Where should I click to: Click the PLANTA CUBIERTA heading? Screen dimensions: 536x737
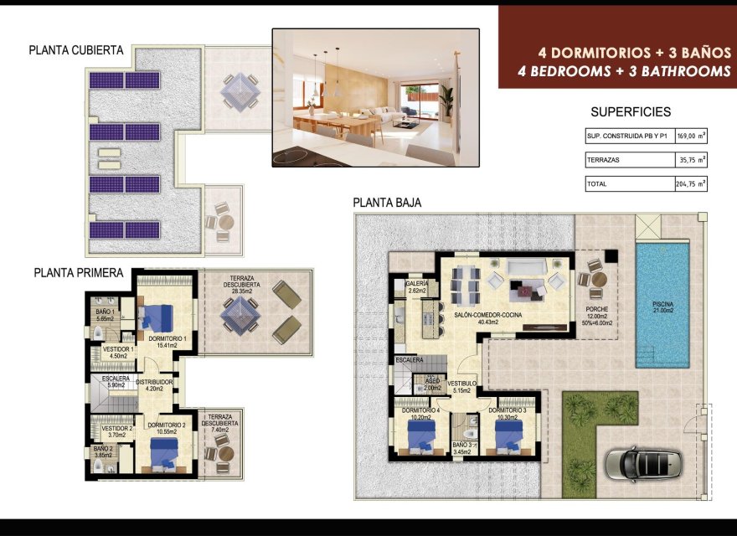76,50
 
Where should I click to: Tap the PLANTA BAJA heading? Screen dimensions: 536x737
387,203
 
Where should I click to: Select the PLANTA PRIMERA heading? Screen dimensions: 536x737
79,273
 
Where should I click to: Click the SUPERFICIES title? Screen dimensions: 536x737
631,112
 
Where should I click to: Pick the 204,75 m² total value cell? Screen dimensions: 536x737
690,183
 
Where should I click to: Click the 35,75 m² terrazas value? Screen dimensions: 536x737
690,159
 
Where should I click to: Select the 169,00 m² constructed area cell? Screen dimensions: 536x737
690,136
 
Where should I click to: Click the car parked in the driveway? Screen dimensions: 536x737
643,462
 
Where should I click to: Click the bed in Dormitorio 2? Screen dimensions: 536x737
164,453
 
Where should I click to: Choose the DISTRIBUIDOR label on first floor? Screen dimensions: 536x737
154,383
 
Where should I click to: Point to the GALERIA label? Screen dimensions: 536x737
417,285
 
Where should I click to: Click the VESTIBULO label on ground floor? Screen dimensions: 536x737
461,384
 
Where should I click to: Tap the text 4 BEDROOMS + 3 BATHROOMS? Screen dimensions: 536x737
625,72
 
